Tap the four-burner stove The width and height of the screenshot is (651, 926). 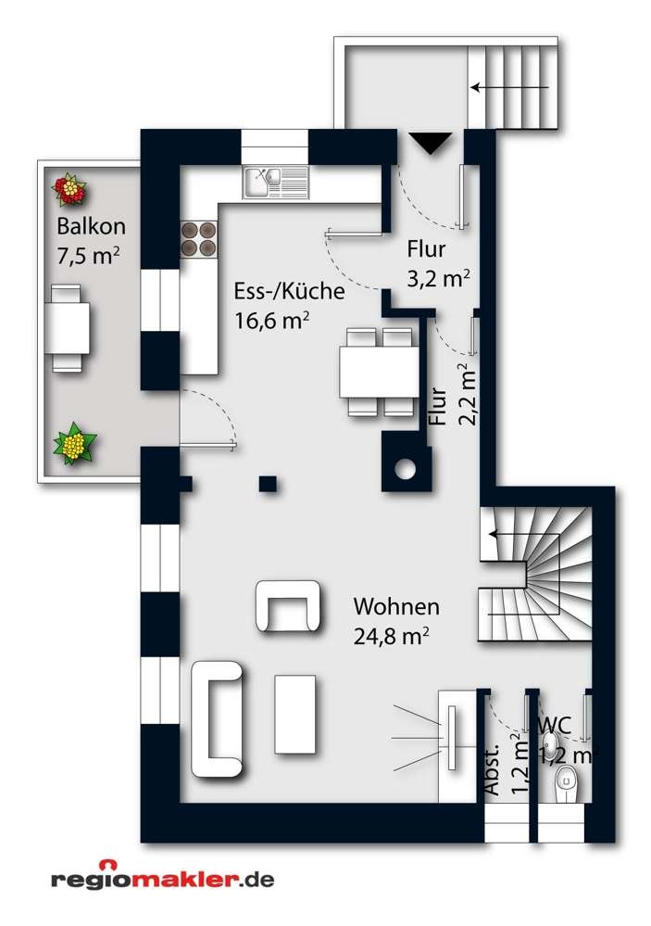(198, 239)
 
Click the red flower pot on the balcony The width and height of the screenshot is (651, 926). (69, 190)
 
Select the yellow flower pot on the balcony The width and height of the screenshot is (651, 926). (74, 444)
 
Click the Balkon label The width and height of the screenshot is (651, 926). (91, 225)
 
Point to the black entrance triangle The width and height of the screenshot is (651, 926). (430, 144)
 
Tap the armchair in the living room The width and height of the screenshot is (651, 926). (290, 606)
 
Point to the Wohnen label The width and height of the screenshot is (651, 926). (395, 608)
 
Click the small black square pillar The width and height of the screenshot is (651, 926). (268, 483)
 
